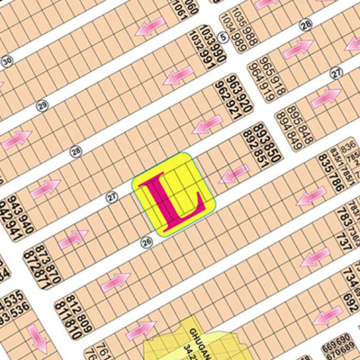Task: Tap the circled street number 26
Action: pos(146,241)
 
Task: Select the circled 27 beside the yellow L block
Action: pos(112,195)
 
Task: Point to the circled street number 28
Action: pos(76,150)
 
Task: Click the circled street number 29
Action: pos(41,106)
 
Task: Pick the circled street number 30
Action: pos(7,61)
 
